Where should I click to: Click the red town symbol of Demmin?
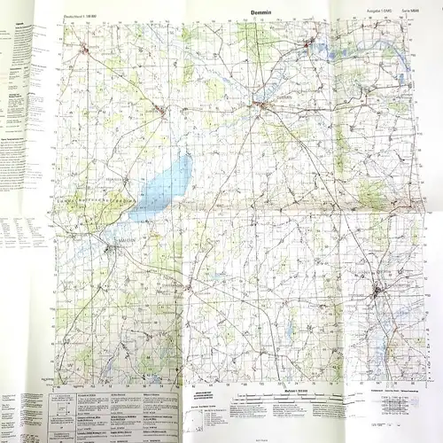262,108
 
